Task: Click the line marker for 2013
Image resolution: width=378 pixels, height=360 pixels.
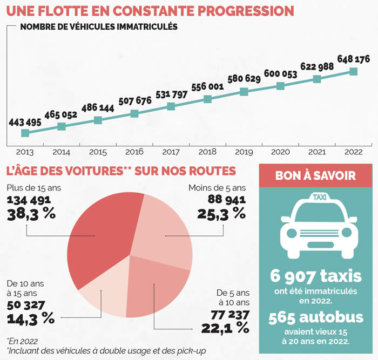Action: pos(25,133)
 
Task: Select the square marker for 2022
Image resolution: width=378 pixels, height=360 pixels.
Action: pos(354,71)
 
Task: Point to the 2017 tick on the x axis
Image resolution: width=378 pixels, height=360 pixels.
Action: pos(171,153)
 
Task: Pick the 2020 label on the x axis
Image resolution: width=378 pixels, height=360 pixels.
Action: pos(280,153)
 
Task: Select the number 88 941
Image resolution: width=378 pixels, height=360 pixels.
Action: pos(227,200)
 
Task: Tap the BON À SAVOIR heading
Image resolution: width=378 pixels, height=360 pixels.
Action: pos(315,175)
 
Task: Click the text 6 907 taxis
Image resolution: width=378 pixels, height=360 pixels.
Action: pos(315,277)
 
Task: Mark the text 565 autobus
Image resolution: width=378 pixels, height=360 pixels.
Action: pos(315,318)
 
